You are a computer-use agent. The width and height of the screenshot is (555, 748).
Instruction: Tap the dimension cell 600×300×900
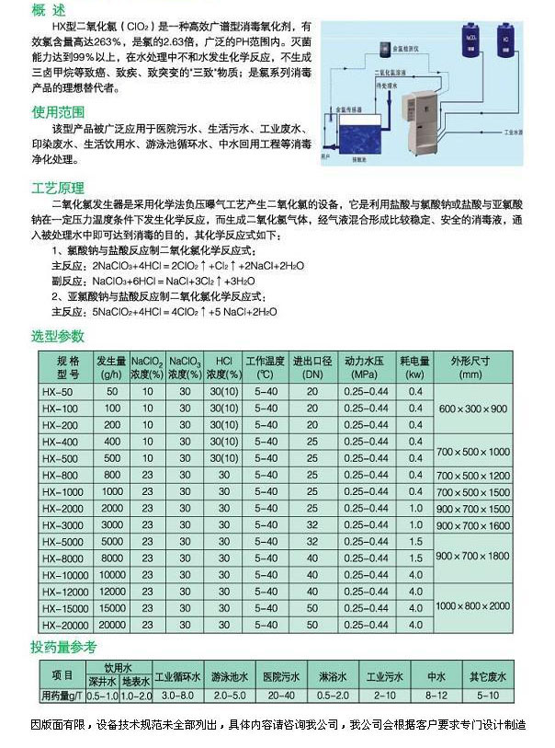tap(471, 408)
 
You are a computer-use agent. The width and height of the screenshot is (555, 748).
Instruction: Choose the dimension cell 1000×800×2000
tap(471, 606)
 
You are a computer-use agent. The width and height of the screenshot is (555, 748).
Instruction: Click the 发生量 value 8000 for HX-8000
tap(111, 558)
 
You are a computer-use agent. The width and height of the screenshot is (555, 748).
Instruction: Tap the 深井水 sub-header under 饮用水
tap(102, 682)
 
